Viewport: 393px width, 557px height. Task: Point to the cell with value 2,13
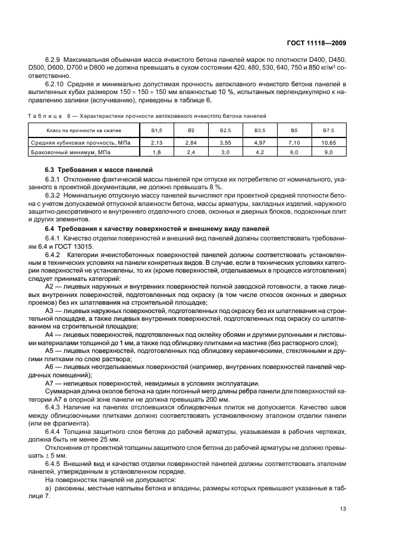157,143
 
